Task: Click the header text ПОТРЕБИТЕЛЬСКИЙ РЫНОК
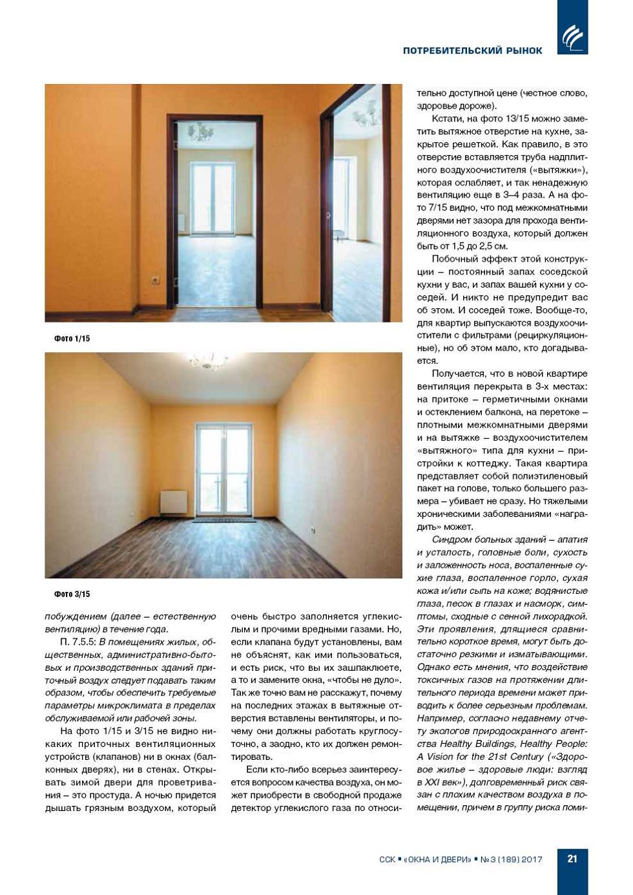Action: tap(472, 50)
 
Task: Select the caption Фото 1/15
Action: tap(72, 339)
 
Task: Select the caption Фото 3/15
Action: tap(72, 594)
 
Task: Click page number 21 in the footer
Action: tap(572, 859)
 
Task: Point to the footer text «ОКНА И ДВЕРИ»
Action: tap(437, 859)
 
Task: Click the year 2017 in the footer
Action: tap(532, 859)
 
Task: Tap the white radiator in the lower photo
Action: tap(173, 502)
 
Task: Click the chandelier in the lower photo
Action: tap(208, 360)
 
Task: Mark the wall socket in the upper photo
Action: tap(155, 280)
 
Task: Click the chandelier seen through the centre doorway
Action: tap(201, 132)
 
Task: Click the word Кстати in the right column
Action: tap(446, 119)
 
